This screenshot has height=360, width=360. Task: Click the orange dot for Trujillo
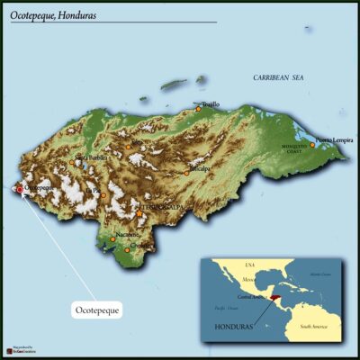point(199,109)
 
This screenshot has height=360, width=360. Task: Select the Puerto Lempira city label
point(334,140)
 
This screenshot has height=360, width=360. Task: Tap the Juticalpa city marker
point(187,172)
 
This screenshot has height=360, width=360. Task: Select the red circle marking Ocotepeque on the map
point(21,190)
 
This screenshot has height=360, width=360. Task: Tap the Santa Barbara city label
point(92,158)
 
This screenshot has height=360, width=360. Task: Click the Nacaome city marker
point(113,239)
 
